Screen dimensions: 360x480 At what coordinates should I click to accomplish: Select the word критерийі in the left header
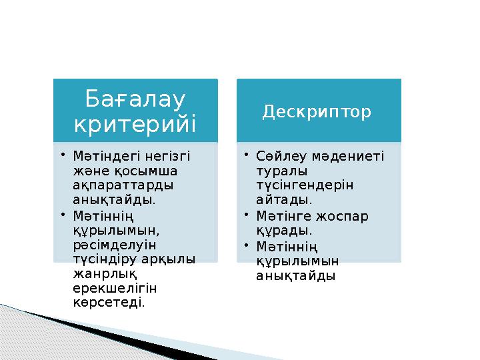(136, 123)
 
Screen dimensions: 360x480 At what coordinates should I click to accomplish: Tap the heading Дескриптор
(317, 112)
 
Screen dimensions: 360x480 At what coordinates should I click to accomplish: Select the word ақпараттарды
(124, 185)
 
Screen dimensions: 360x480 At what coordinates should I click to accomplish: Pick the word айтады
(284, 199)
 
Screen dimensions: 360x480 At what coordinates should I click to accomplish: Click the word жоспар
(341, 216)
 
